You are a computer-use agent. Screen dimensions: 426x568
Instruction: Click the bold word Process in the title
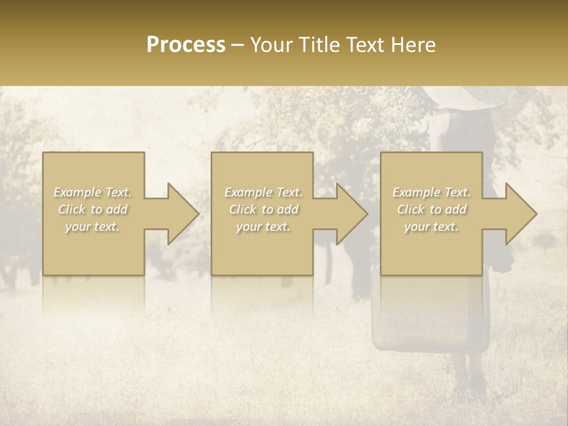pos(186,45)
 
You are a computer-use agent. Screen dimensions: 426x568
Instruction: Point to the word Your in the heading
pos(270,45)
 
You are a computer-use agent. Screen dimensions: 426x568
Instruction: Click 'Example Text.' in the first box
pos(93,192)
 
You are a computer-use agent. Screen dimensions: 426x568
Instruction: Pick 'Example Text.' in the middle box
pos(263,192)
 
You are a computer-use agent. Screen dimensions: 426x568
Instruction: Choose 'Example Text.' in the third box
pos(431,192)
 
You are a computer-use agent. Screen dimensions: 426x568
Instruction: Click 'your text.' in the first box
pos(93,227)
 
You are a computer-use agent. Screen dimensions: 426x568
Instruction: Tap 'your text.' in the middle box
pos(263,227)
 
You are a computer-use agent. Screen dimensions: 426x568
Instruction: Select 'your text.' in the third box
pos(431,227)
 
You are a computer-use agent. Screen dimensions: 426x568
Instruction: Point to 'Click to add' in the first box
pos(93,209)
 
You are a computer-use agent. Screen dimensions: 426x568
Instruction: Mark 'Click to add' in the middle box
pos(263,209)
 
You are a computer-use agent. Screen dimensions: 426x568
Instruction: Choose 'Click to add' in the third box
pos(431,209)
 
